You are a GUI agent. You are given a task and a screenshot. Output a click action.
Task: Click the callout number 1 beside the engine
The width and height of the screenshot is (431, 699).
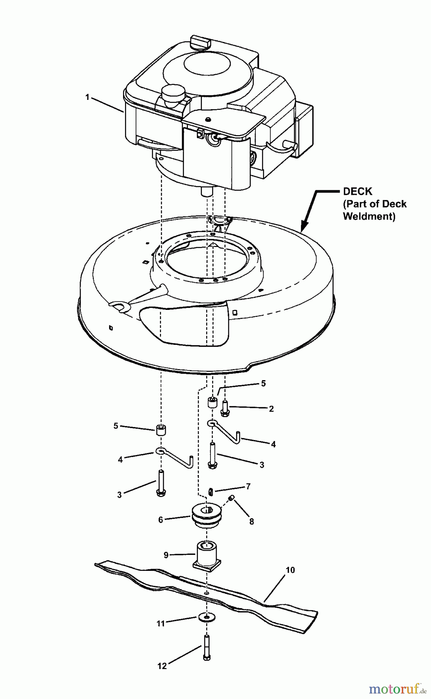point(87,97)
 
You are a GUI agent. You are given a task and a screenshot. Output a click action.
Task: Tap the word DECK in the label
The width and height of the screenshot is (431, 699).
point(358,191)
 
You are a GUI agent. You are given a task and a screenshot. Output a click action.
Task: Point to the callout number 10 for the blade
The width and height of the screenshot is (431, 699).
point(290,570)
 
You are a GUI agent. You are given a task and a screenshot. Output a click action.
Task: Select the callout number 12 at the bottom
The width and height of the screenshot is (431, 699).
point(162,666)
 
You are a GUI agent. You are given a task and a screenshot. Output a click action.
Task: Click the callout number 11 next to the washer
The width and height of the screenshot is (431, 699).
point(160,624)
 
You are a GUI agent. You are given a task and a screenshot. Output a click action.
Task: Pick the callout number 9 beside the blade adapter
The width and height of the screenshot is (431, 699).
point(166,555)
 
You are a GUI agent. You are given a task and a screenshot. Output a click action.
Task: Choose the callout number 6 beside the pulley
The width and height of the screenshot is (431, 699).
point(160,520)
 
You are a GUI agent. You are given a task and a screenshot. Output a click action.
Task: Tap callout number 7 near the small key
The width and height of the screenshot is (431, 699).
point(248,486)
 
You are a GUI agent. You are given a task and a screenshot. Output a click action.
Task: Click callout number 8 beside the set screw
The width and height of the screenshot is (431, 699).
point(252,522)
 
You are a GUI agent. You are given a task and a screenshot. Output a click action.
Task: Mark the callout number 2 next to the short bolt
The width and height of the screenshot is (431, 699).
point(271,409)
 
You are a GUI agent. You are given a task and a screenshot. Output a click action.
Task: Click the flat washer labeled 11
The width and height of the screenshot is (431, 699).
point(206,617)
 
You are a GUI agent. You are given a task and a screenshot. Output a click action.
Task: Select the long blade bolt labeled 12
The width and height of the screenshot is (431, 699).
point(207,646)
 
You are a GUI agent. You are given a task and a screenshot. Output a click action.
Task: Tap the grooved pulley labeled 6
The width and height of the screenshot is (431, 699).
point(207,516)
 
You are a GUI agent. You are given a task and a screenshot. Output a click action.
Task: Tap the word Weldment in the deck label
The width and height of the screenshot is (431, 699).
point(368,216)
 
